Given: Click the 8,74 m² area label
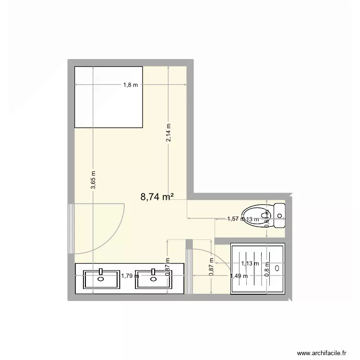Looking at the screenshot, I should (x=156, y=196).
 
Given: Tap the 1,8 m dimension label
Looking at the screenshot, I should (x=131, y=85).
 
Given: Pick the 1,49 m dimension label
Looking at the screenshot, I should (x=239, y=276).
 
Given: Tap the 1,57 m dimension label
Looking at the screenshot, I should (x=235, y=219).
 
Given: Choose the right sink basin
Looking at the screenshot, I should (x=153, y=279).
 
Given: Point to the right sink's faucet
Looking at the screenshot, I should (x=153, y=272).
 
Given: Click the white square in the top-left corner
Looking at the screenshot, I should (x=109, y=96).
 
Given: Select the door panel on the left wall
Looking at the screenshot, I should (x=71, y=228).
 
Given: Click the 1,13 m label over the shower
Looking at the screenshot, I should (x=250, y=263).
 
